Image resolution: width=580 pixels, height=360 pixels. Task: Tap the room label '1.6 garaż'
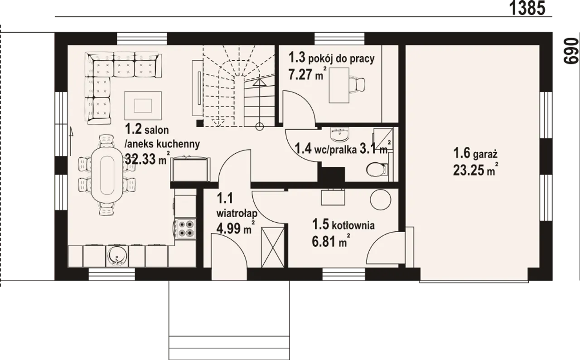(x=475, y=153)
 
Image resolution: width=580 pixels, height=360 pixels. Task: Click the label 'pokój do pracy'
(x=341, y=59)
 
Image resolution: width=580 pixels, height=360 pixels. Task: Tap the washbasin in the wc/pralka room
(x=340, y=135)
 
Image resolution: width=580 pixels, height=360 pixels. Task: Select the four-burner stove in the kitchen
(x=185, y=229)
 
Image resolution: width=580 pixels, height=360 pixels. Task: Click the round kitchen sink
(x=117, y=256)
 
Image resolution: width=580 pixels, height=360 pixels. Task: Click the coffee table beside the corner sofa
(x=143, y=106)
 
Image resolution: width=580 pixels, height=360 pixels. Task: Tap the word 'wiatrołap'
(x=237, y=214)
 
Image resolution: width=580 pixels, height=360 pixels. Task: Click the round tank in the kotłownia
(x=380, y=199)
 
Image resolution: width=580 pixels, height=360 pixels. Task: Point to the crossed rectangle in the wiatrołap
(x=273, y=248)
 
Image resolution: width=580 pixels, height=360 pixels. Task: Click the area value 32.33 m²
(x=148, y=158)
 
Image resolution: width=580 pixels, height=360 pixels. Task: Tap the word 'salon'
(x=157, y=130)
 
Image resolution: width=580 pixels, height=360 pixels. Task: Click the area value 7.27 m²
(x=307, y=74)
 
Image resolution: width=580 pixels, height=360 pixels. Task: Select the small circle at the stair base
(x=260, y=126)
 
